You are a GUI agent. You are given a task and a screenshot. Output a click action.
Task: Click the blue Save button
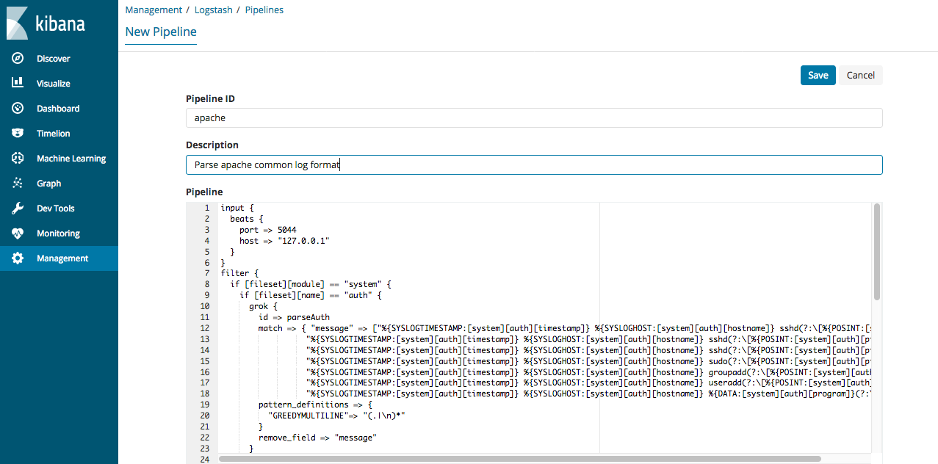(x=818, y=76)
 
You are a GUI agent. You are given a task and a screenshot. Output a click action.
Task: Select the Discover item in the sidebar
(x=53, y=59)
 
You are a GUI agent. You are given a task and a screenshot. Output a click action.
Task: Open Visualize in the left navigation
(x=53, y=83)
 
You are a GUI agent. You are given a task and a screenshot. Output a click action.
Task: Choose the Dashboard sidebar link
(x=58, y=109)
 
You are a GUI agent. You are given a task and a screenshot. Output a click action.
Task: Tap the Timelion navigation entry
(x=53, y=134)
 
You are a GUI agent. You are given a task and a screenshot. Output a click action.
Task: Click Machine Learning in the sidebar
(x=71, y=158)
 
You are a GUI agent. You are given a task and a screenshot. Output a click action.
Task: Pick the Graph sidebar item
(x=48, y=184)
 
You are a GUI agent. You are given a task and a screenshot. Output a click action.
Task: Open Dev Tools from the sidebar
(x=55, y=209)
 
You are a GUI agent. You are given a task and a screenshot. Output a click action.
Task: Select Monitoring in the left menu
(x=58, y=233)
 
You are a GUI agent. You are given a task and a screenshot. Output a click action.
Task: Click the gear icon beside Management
(x=18, y=258)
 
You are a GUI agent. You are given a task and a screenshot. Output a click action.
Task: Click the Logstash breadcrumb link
(x=214, y=10)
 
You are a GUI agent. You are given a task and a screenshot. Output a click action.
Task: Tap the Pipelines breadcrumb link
(x=264, y=10)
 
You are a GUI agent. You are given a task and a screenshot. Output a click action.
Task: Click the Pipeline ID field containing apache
(x=534, y=118)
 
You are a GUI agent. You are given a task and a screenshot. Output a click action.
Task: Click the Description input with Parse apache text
(x=534, y=165)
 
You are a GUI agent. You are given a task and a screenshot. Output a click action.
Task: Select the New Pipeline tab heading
(x=161, y=32)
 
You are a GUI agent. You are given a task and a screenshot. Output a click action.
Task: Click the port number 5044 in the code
(x=287, y=230)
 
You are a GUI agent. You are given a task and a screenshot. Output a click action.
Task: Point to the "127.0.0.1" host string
(x=303, y=241)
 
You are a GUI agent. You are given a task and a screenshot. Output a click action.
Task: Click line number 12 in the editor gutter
(x=205, y=328)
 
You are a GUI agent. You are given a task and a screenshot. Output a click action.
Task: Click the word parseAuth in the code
(x=309, y=318)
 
